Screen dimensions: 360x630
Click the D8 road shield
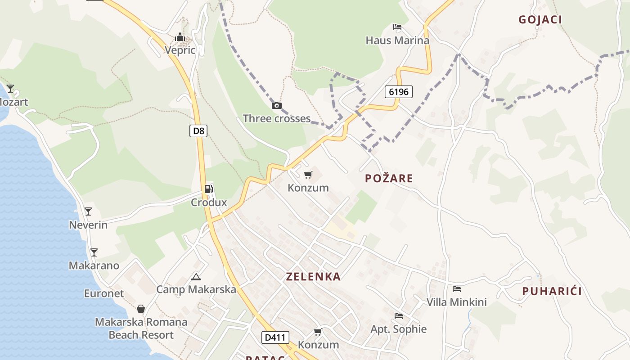click(x=198, y=131)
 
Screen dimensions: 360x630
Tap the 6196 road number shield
click(x=399, y=92)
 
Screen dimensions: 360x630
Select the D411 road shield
click(x=275, y=337)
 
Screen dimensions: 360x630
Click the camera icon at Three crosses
click(x=277, y=106)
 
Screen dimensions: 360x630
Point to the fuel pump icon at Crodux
click(x=209, y=189)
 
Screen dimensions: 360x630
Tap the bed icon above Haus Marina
click(x=397, y=27)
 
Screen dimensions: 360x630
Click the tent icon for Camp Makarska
click(x=196, y=277)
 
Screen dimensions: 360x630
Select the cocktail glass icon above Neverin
click(x=88, y=211)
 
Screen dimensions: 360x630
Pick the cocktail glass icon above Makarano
click(x=94, y=252)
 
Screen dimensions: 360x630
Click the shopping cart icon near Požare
click(x=308, y=175)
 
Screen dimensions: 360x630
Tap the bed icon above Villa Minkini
click(x=457, y=288)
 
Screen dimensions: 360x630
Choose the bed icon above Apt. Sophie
click(x=398, y=316)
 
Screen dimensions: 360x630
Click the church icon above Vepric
click(x=180, y=37)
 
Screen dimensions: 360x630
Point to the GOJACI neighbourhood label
click(x=540, y=20)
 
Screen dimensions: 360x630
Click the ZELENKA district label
click(x=313, y=277)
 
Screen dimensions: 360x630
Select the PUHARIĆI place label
click(x=552, y=291)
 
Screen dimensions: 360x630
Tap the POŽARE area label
click(x=389, y=178)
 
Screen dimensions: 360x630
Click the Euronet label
click(x=104, y=293)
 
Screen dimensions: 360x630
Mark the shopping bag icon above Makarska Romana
click(x=141, y=309)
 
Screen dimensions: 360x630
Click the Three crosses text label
click(x=277, y=118)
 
